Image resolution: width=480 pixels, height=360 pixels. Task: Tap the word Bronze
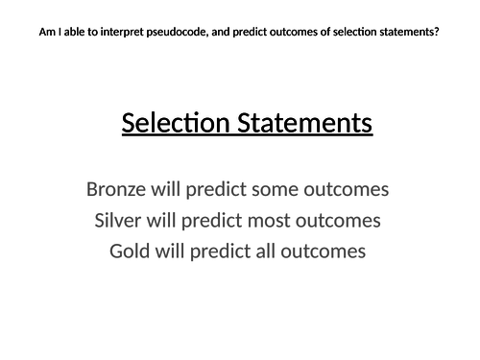[x=120, y=189]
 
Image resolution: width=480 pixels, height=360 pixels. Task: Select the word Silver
[x=123, y=221]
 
